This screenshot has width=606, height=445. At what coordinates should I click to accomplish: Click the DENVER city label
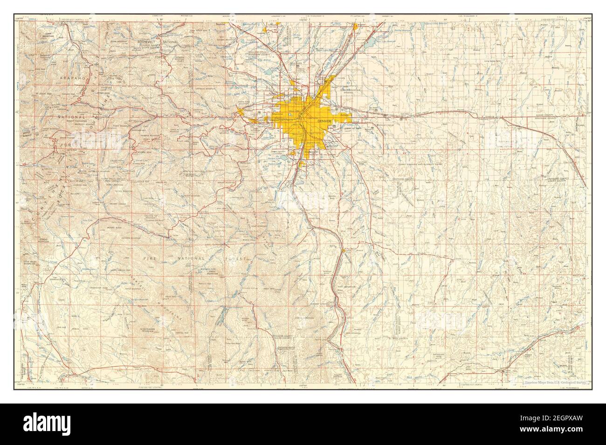325,121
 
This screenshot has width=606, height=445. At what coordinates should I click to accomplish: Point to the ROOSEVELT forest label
145,42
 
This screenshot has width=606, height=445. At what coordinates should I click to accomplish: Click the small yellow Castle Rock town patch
344,251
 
